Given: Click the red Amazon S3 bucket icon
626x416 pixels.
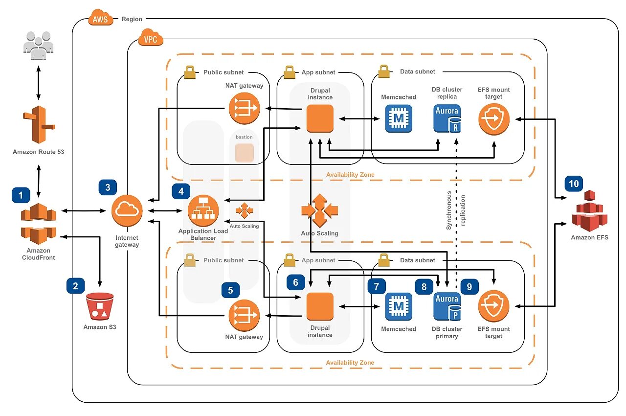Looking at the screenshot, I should click(100, 307).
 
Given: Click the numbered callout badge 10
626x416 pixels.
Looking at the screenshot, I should click(574, 184).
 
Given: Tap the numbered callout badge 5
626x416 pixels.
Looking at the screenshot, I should click(230, 290).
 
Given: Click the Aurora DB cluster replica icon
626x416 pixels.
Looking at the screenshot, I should click(447, 118).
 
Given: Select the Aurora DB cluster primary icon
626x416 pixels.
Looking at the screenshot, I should click(447, 306).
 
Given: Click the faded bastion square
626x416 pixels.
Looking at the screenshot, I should click(245, 153).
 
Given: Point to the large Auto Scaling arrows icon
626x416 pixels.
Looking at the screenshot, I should click(320, 211).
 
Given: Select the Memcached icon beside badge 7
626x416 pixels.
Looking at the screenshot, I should click(399, 306).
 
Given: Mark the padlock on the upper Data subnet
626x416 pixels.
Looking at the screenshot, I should click(383, 71).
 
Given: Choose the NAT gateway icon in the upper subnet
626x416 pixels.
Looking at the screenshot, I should click(244, 108).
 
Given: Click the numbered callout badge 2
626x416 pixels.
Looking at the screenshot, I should click(75, 286).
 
